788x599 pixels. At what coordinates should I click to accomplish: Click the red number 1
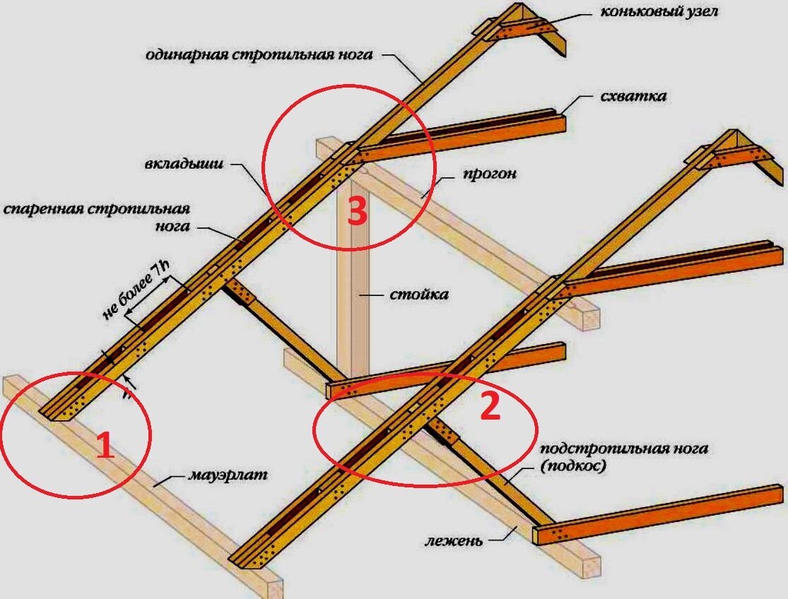tap(105, 445)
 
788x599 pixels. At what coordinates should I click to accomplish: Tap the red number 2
tap(490, 405)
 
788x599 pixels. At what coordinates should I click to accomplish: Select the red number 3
tap(358, 212)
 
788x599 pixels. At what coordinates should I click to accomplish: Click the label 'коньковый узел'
tap(659, 12)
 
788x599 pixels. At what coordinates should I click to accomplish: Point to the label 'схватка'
tap(633, 96)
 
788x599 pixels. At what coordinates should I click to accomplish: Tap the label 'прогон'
tap(490, 174)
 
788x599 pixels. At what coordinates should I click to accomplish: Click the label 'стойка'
tap(419, 295)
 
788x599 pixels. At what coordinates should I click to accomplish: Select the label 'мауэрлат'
tap(228, 475)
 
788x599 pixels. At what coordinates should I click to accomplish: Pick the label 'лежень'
tap(454, 540)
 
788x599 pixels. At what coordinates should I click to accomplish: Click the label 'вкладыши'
tap(184, 164)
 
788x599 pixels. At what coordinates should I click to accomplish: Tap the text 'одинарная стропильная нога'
tap(259, 54)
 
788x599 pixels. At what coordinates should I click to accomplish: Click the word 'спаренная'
tap(42, 209)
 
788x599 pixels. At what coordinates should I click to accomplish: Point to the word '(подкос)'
tap(573, 466)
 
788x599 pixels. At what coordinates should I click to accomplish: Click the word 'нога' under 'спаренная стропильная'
tap(172, 227)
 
